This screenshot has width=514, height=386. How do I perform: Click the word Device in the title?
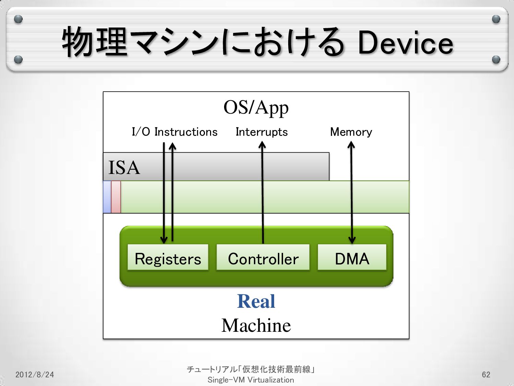405,43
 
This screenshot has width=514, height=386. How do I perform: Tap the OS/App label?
256,107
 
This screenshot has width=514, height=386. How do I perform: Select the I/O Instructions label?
174,132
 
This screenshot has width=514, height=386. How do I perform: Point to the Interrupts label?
261,132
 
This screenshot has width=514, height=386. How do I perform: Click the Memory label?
351,132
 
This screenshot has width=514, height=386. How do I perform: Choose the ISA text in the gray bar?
124,167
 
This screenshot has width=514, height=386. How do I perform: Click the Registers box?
168,258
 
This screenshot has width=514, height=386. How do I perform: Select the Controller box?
263,258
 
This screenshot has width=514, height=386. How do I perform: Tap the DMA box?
352,258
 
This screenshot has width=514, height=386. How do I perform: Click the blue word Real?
256,302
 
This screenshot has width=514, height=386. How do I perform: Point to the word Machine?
256,325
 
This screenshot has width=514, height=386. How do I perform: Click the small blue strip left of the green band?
107,197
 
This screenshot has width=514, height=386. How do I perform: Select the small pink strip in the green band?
116,197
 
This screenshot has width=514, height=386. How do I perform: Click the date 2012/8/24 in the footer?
35,374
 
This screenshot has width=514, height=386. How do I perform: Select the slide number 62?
486,374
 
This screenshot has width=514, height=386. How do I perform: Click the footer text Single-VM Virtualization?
250,380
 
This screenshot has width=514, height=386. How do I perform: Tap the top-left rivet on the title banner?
19,19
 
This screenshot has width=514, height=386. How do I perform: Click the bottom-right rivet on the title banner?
495,60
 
